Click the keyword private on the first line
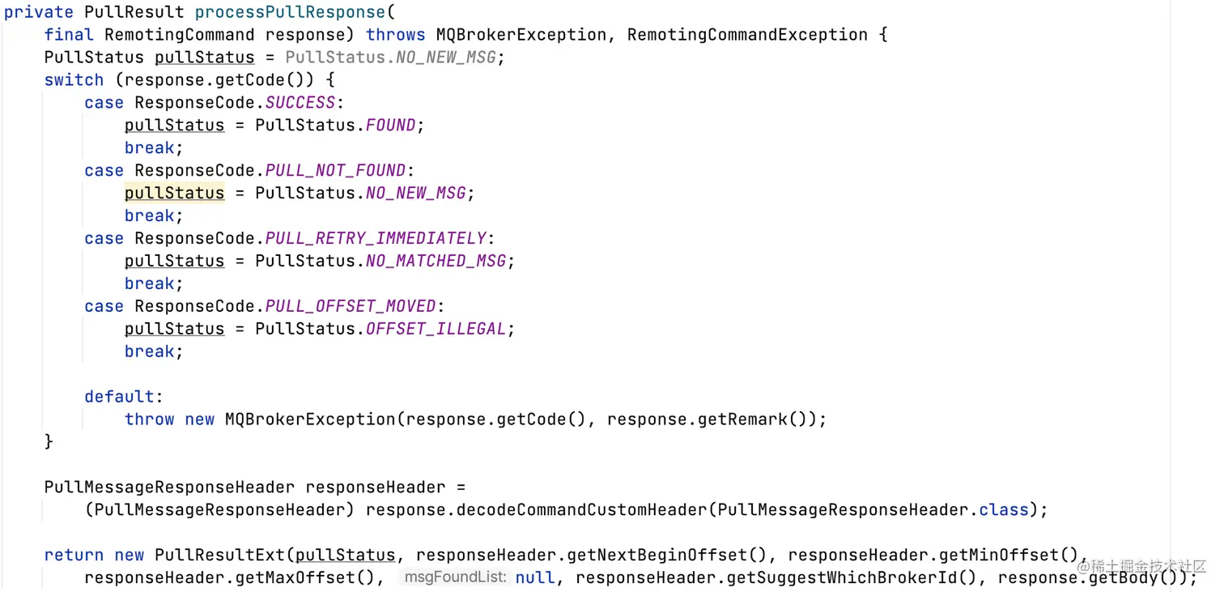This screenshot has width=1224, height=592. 39,12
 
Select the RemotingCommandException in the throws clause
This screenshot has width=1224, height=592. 747,35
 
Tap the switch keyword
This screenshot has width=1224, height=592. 74,80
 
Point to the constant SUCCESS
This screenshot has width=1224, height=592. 300,103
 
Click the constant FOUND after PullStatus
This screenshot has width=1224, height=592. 391,126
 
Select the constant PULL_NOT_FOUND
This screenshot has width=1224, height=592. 335,171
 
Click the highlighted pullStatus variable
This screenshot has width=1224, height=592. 174,194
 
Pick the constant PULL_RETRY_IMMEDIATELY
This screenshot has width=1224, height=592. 376,239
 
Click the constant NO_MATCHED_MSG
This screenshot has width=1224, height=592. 436,262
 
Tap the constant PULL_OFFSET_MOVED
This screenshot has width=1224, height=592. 351,307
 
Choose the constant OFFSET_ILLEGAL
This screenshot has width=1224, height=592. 436,330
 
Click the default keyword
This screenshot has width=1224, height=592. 119,397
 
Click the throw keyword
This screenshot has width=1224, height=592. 149,420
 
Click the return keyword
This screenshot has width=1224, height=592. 74,556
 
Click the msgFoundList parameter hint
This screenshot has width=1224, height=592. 455,577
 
